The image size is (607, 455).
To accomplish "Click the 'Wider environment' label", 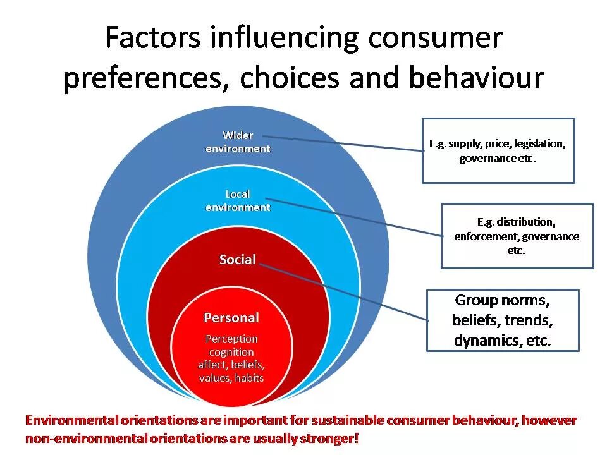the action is click(238, 142).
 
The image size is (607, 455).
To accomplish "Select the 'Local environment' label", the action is click(238, 200).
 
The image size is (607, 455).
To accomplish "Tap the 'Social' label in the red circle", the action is click(238, 259).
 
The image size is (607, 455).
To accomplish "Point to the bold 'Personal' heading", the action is click(231, 317).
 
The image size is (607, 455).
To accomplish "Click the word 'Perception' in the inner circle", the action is click(231, 339).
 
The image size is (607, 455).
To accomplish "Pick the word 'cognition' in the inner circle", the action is click(231, 352).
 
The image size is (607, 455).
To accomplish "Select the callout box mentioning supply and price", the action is click(498, 150).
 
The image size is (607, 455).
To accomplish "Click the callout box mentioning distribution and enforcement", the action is click(517, 236).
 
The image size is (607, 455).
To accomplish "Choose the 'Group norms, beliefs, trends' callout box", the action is click(503, 320).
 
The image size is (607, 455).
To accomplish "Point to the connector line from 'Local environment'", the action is click(354, 218).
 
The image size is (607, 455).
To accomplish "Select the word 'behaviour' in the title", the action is click(476, 78).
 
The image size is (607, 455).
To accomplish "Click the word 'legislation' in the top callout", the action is click(539, 143).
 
